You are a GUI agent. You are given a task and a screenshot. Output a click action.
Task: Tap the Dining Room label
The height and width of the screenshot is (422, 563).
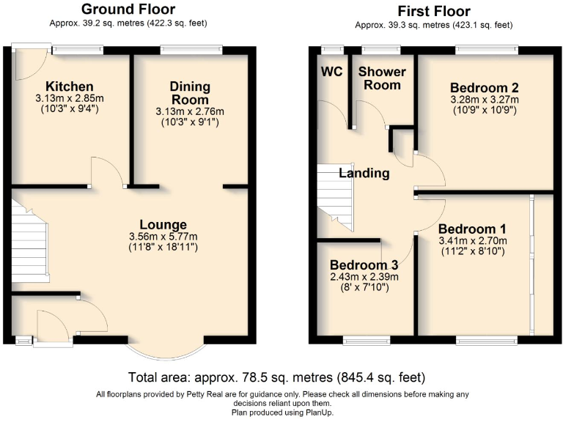190,92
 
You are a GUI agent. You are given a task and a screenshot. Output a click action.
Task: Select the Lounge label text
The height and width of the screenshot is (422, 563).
163,224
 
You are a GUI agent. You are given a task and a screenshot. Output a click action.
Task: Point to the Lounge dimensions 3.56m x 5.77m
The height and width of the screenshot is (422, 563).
163,236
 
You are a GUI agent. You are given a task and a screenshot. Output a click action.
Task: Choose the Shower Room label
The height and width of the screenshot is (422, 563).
379,78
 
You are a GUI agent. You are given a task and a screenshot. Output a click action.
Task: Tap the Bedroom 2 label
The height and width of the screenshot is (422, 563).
483,88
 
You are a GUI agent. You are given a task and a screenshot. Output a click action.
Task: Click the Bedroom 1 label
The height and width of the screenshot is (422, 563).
473,228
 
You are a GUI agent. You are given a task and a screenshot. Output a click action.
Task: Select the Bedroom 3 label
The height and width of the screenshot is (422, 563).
364,264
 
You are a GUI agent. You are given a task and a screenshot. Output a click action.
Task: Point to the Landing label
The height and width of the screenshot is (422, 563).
364,174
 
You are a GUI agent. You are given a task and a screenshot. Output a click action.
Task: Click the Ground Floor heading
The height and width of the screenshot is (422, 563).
128,10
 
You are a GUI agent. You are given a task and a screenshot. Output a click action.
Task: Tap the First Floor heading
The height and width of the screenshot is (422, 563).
433,11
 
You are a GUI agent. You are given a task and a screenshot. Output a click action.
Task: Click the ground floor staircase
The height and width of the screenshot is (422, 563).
29,240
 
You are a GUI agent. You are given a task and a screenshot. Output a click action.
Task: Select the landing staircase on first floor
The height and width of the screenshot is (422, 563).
334,193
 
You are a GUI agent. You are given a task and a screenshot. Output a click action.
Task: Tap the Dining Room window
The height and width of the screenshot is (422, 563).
191,50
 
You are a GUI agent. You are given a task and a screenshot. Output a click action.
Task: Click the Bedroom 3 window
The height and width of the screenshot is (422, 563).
367,340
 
